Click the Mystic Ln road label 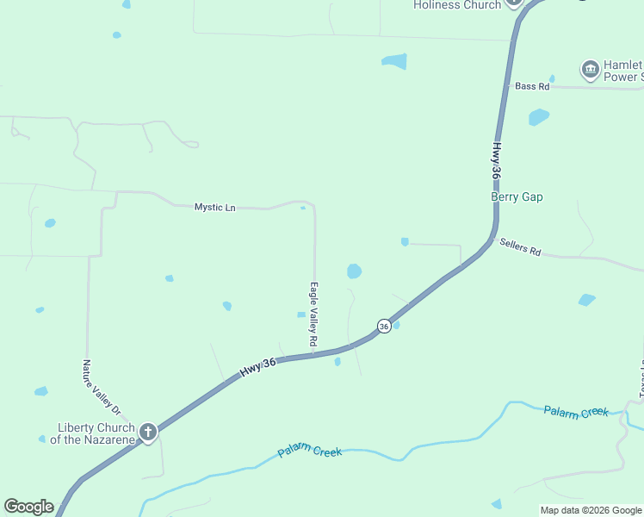click(214, 207)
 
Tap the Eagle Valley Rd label click(314, 315)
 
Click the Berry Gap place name click(517, 197)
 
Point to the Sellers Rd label click(520, 247)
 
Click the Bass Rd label click(531, 86)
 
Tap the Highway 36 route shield click(384, 326)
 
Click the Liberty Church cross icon click(148, 432)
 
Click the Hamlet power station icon click(590, 69)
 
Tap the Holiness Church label click(456, 5)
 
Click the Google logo click(28, 507)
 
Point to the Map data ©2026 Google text click(590, 510)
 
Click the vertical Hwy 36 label click(496, 161)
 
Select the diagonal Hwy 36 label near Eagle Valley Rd click(257, 366)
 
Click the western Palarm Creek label click(310, 452)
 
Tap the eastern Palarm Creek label click(576, 411)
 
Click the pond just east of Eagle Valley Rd click(354, 271)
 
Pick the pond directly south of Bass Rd click(539, 117)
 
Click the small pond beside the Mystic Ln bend click(303, 208)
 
